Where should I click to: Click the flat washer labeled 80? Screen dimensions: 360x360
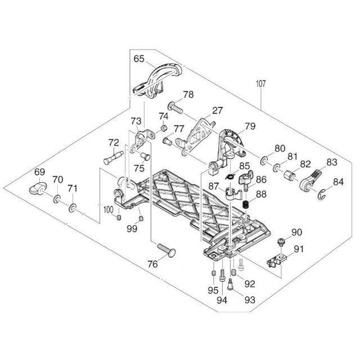click(264, 163)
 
